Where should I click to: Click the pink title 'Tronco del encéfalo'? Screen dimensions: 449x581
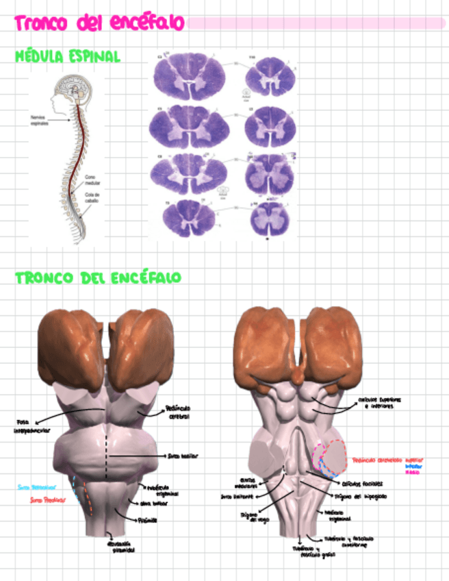[x=99, y=23]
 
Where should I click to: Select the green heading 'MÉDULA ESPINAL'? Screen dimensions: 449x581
[x=67, y=56]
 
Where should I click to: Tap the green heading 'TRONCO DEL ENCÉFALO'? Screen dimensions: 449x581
[x=98, y=278]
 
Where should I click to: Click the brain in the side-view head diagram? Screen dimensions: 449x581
[x=70, y=88]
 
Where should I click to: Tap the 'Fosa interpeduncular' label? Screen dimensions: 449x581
[x=31, y=426]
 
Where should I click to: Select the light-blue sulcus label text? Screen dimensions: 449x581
[x=36, y=487]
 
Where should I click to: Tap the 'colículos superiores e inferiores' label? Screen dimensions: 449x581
[x=379, y=404]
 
